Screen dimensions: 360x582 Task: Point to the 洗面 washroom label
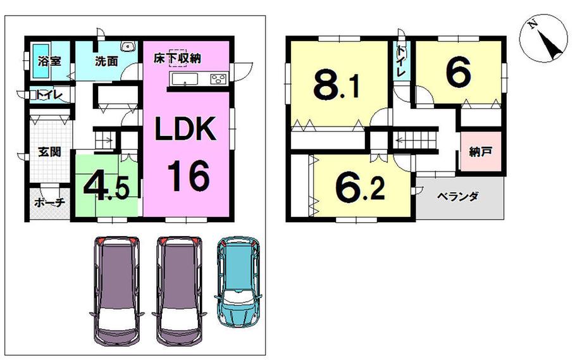click(107, 61)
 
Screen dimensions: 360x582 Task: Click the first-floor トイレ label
click(48, 96)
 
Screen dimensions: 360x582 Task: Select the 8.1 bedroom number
click(336, 87)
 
